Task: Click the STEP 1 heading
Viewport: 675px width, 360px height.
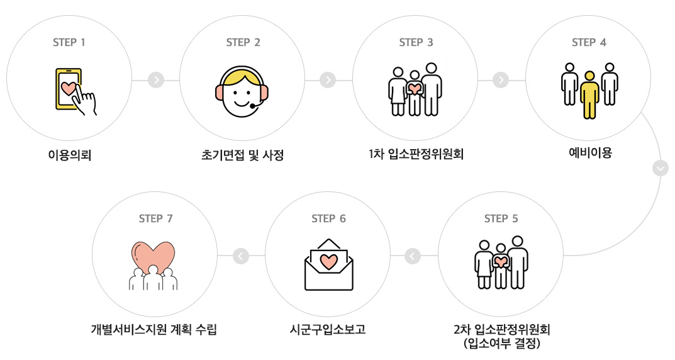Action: tap(69, 43)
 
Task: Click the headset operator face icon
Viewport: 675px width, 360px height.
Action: tap(242, 92)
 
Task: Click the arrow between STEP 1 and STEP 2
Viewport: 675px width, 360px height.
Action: tap(156, 81)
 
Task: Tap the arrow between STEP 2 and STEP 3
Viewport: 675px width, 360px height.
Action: tap(328, 81)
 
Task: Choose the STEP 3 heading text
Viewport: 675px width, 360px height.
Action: tap(416, 43)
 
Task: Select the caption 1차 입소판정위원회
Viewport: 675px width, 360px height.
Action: tap(416, 154)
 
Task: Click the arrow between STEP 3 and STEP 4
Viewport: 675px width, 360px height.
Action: tap(501, 81)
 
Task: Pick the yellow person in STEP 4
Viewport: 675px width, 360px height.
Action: tap(589, 94)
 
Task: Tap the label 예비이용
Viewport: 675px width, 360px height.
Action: tap(589, 153)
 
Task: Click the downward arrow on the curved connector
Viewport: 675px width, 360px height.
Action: tap(661, 169)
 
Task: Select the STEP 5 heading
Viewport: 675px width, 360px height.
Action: tap(501, 219)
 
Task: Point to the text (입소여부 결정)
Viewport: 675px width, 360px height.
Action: tap(501, 344)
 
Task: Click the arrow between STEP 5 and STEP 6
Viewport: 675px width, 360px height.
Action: tap(413, 256)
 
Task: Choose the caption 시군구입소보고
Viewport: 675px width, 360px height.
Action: tap(328, 330)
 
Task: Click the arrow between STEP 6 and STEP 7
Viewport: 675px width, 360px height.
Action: tap(241, 256)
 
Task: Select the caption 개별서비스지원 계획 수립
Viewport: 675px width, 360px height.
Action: tap(154, 330)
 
